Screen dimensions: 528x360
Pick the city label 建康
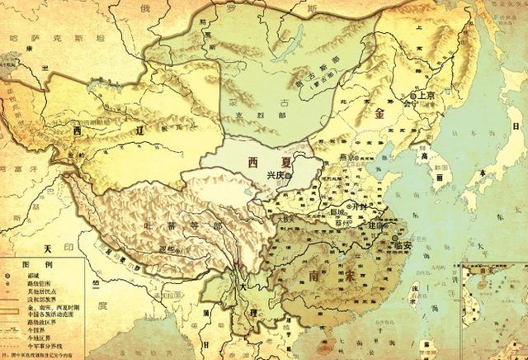pyautogui.click(x=376, y=225)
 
